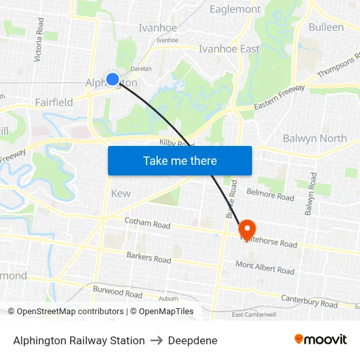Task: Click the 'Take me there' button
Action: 180,160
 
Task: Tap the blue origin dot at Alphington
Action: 113,79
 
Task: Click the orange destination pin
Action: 247,230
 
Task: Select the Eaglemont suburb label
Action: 234,9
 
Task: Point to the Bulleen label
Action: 325,27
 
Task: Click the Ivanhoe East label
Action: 229,48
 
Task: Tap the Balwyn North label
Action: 315,138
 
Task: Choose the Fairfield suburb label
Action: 54,102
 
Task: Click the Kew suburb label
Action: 120,193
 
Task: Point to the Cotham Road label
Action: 147,224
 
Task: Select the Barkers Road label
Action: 149,258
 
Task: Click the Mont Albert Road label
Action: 265,268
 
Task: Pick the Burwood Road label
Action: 118,291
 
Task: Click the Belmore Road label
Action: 270,194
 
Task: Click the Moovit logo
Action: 321,339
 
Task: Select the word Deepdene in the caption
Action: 192,340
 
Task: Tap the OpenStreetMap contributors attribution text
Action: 65,312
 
